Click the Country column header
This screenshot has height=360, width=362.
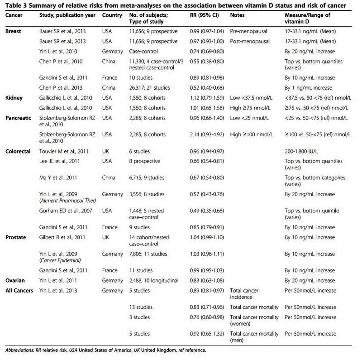[113, 15]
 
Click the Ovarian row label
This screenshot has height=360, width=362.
[15, 281]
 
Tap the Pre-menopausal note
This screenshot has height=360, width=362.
[249, 31]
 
